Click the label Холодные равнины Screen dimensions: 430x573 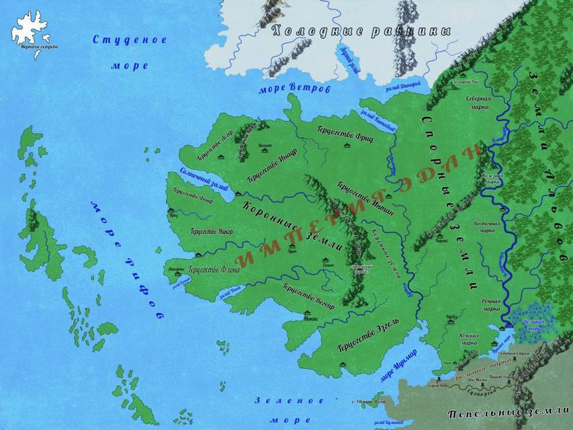click(x=359, y=31)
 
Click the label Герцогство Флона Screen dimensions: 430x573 click(x=214, y=270)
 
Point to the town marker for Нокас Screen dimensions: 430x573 click(x=308, y=314)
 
